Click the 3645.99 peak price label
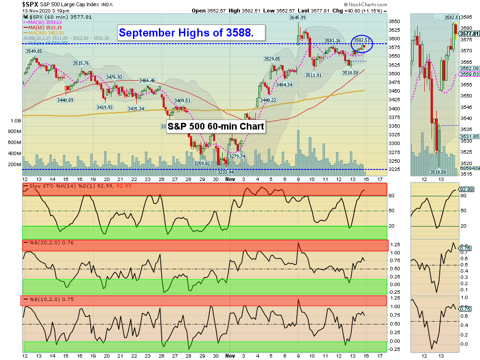[x=298, y=17]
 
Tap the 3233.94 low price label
[x=225, y=172]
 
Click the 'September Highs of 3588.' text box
[x=192, y=33]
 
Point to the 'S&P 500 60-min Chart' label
[x=216, y=127]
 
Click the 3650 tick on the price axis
[x=395, y=22]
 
